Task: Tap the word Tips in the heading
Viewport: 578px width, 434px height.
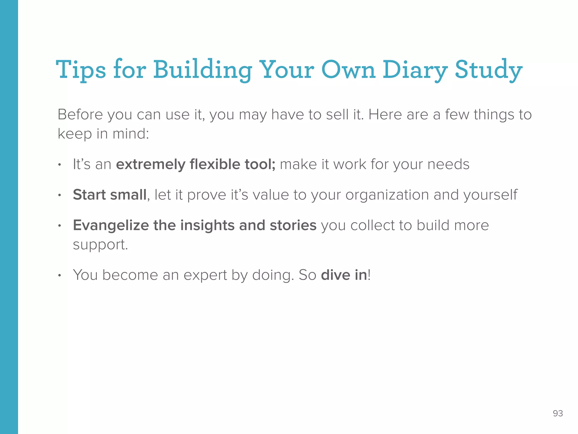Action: point(81,70)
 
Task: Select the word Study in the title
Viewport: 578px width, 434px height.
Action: point(489,70)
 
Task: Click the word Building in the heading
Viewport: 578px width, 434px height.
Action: point(203,70)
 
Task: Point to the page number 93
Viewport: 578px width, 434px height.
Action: point(558,413)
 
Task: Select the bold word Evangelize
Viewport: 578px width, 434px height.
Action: point(111,225)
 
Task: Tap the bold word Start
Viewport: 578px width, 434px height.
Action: point(89,195)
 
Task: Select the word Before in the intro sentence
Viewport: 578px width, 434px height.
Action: point(80,115)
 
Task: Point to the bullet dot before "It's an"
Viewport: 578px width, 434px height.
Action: point(60,165)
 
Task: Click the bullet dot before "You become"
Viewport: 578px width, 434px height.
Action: point(60,275)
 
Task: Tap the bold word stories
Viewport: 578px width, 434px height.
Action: point(293,225)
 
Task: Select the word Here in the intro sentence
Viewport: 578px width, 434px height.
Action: point(384,115)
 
